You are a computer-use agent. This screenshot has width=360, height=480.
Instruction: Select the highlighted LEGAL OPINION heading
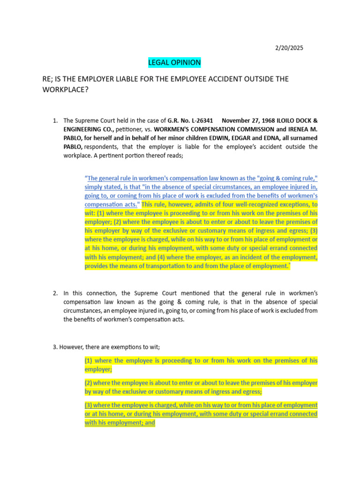(x=174, y=62)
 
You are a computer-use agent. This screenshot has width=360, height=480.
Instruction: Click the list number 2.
(x=55, y=293)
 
